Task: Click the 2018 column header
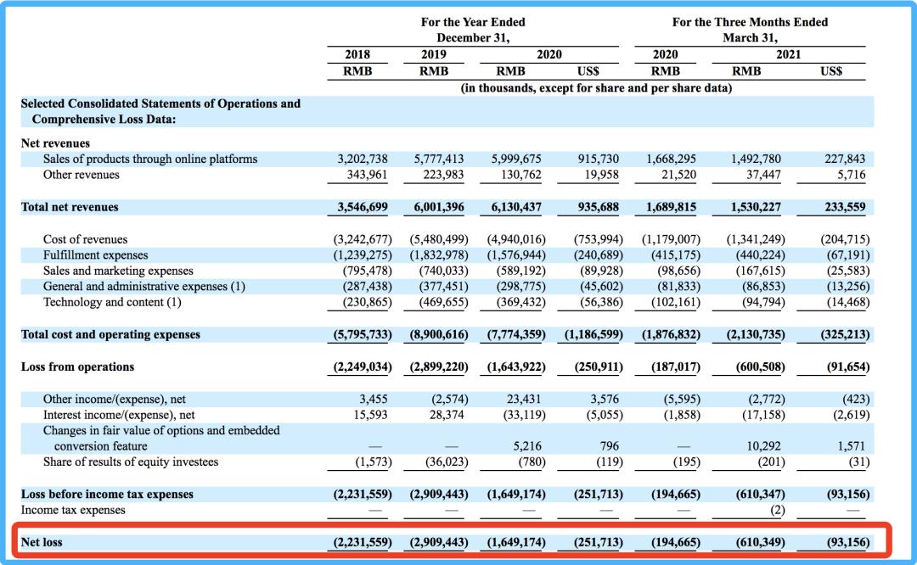click(x=357, y=54)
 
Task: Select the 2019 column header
click(x=434, y=54)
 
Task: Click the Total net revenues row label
click(x=70, y=207)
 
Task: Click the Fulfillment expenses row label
click(x=95, y=255)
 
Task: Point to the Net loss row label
click(x=42, y=541)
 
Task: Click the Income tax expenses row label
click(x=73, y=510)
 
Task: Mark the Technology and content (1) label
click(x=112, y=302)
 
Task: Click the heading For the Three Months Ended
click(x=750, y=22)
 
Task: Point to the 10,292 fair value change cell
click(x=763, y=445)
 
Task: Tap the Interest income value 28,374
click(x=447, y=415)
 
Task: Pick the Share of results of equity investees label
click(x=131, y=462)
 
